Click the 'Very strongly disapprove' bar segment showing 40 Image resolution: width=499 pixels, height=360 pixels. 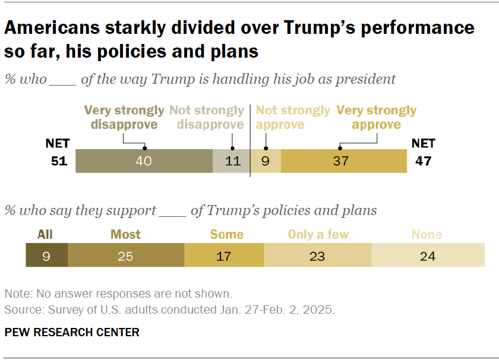coord(144,161)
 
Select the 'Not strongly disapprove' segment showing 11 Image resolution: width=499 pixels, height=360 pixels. coord(232,161)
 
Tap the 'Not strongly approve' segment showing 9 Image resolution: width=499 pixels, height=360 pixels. coord(266,161)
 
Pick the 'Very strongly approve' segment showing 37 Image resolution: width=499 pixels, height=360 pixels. coord(343,161)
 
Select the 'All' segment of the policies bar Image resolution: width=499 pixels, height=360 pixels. coord(46,256)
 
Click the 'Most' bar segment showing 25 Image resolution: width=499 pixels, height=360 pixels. coord(126,256)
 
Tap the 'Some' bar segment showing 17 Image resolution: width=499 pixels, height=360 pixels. coord(224,256)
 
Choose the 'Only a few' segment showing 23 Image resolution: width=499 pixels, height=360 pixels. coord(318,256)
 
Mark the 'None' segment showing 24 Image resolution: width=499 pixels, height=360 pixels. coord(428,256)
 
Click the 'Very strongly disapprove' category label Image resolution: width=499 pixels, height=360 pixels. coord(124,118)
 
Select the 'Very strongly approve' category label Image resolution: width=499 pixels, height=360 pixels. coord(377,118)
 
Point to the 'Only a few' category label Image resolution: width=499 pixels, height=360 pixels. coord(318,234)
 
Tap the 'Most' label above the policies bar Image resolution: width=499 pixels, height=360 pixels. coord(126,234)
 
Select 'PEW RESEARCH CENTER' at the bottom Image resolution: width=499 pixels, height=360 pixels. coord(72,332)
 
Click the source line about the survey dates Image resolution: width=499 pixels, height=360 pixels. coord(170,310)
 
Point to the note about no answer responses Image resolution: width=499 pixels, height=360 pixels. coord(118,294)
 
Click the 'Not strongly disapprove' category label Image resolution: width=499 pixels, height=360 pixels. coord(207,118)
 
